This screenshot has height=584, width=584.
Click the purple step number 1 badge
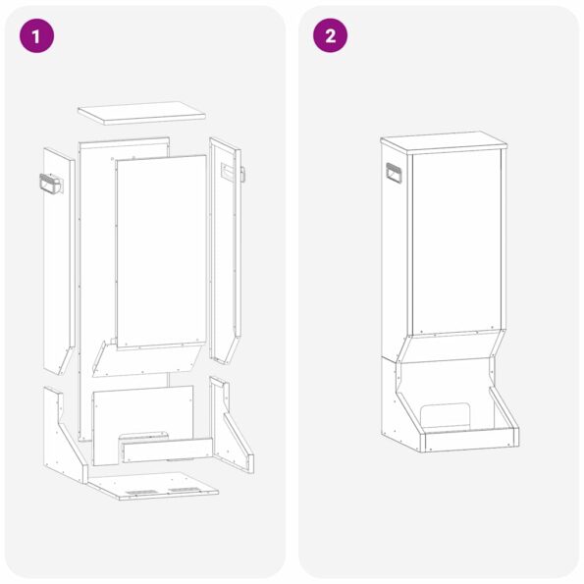(36, 36)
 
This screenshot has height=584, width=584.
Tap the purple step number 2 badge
(330, 36)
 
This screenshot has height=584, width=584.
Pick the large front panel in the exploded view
(161, 250)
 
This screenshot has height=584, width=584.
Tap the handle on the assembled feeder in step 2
(394, 175)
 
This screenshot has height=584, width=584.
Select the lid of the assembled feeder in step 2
(444, 142)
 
